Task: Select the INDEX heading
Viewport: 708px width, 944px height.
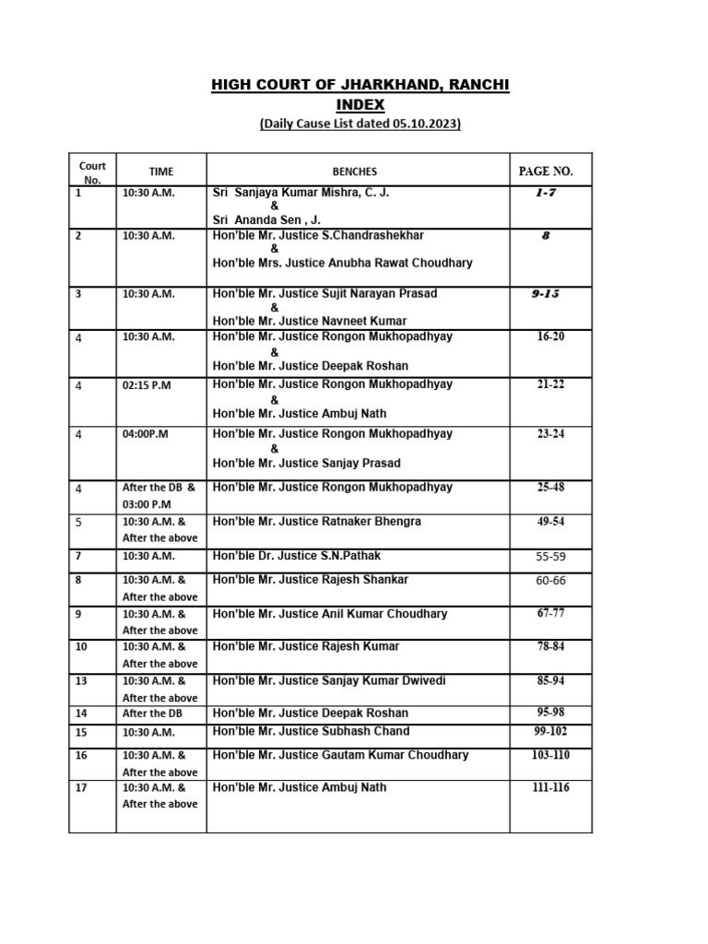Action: pos(360,105)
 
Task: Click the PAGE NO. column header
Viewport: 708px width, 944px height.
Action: pos(546,171)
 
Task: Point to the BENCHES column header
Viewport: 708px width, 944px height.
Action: pos(355,171)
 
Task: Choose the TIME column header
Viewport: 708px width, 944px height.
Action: pos(161,171)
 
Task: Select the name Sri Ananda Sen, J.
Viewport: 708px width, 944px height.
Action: pos(266,220)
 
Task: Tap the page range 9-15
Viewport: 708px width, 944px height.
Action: pos(546,293)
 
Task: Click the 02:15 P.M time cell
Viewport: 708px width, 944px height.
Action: pos(147,386)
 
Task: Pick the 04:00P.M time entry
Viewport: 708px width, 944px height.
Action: pos(146,434)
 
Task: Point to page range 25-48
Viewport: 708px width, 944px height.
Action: pos(550,486)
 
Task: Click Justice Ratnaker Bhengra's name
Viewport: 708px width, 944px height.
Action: pos(316,522)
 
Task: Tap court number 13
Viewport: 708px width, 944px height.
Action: pos(81,681)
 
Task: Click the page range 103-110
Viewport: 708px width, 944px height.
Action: pos(550,755)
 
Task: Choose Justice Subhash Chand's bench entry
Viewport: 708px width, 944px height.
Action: pos(311,731)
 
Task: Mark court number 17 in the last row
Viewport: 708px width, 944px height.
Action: pos(81,788)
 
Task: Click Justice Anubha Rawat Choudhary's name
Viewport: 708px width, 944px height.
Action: pos(342,263)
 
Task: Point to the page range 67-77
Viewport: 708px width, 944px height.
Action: pos(550,614)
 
